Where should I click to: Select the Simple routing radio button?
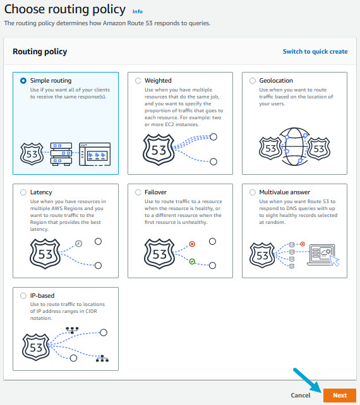point(23,81)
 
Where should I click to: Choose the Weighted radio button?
point(138,81)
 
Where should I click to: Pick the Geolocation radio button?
point(253,81)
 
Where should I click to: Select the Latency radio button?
point(23,192)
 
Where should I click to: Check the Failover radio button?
point(138,192)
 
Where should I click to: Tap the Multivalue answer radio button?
point(253,192)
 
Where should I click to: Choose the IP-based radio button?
point(23,295)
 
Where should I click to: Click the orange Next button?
point(339,395)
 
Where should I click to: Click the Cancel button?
point(301,395)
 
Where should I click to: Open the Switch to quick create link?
point(315,52)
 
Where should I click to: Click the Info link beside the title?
point(138,12)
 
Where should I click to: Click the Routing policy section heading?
point(40,52)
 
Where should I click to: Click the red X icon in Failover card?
point(192,244)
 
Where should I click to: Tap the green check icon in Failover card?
point(192,260)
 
